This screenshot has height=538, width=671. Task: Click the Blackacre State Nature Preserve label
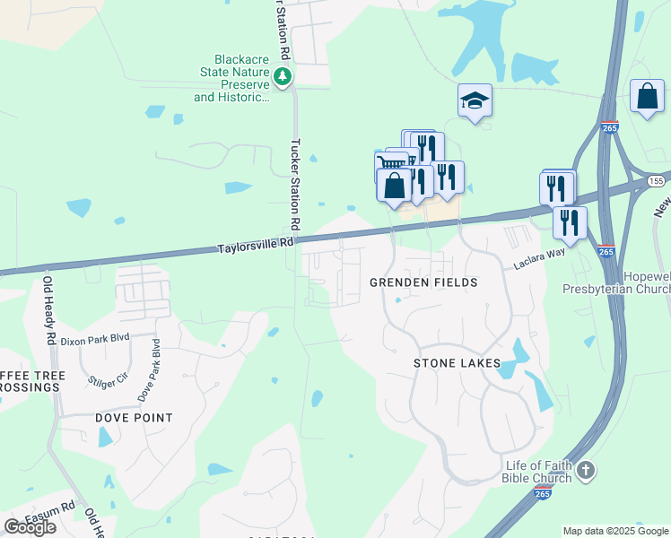[232, 80]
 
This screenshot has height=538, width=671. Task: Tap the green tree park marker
[284, 76]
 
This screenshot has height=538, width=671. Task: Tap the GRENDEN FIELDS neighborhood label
[423, 282]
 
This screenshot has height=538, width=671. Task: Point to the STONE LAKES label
[454, 363]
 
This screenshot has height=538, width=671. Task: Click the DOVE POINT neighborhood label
[134, 418]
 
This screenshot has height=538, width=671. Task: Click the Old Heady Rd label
[50, 311]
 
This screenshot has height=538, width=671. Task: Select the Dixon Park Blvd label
[95, 340]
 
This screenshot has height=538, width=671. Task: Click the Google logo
[30, 527]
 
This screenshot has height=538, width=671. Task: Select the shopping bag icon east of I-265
[647, 96]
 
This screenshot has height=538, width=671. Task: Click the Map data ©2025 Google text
[615, 531]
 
